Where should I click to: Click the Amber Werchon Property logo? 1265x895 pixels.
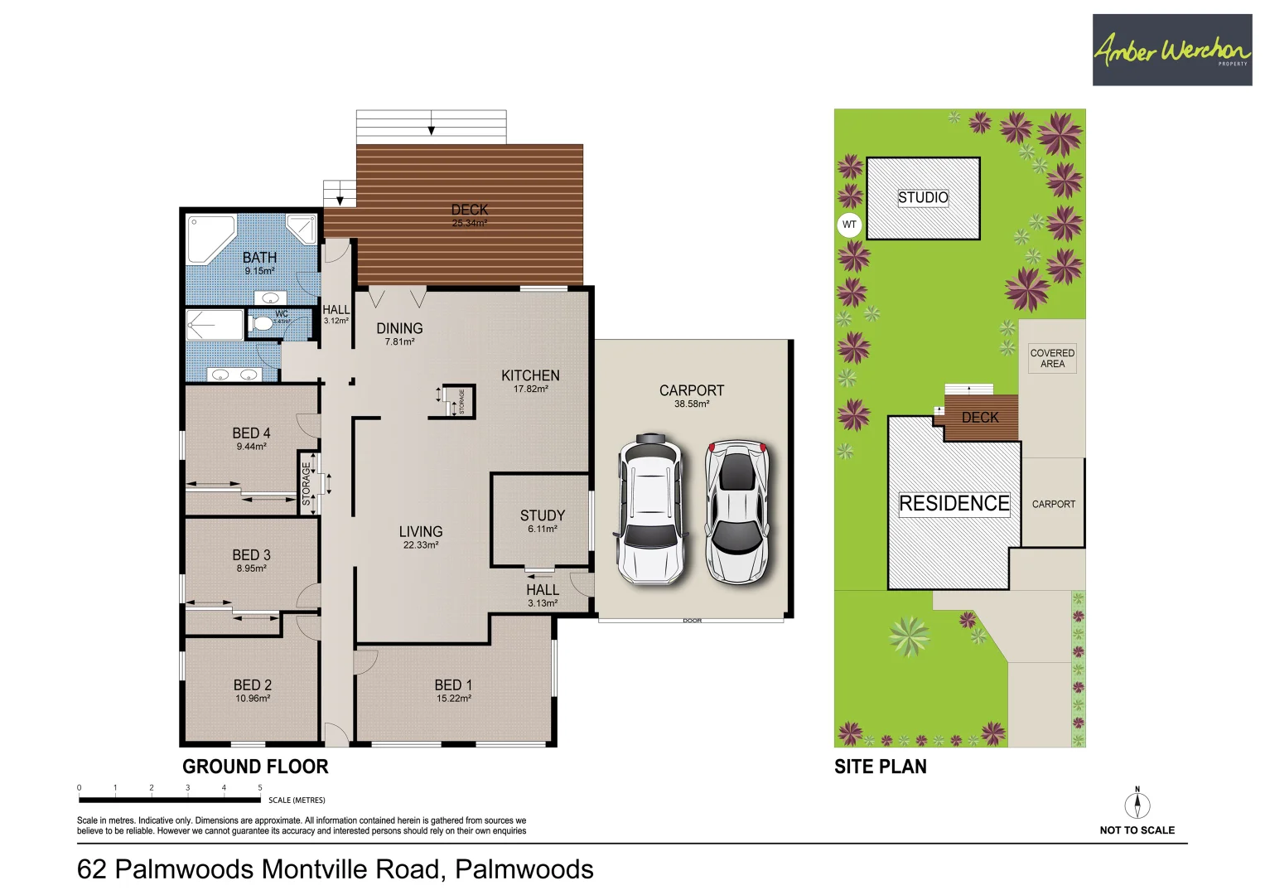point(1171,50)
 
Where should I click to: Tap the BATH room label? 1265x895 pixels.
point(259,259)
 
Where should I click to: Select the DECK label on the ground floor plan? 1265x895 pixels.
point(469,210)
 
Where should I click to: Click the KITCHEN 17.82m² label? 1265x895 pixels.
point(530,380)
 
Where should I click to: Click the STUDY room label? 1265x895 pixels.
point(543,516)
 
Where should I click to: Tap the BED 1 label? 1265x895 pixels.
point(453,685)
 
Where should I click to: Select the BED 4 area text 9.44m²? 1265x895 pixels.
point(251,447)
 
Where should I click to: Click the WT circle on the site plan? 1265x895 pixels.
point(849,225)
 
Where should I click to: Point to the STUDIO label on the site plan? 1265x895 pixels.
point(923,197)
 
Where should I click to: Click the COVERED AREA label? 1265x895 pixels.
point(1052,358)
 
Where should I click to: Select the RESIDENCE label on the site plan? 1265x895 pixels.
point(954,504)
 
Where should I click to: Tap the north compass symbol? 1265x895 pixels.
point(1137,805)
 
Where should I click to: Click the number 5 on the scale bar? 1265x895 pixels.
point(259,788)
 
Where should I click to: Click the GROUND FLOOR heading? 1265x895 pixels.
point(255,767)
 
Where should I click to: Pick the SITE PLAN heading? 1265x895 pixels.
point(880,767)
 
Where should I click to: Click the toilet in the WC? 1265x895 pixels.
point(263,322)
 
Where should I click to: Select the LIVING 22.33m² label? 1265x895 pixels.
point(421,537)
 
